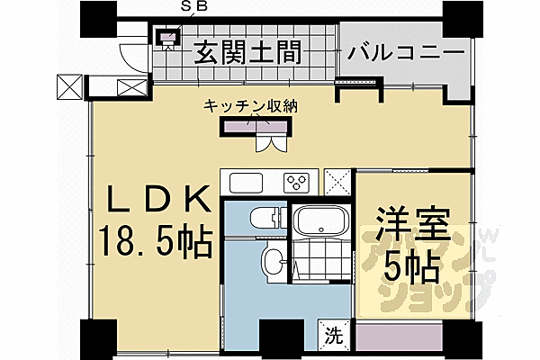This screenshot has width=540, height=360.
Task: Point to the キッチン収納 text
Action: (x=251, y=106)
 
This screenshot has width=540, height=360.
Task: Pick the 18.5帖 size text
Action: (x=155, y=239)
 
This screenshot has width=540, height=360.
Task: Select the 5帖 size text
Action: (x=409, y=266)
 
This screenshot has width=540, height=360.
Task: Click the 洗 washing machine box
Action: (x=332, y=337)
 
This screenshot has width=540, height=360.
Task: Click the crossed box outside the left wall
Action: (x=69, y=86)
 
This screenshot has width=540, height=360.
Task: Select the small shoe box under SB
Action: (x=166, y=37)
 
